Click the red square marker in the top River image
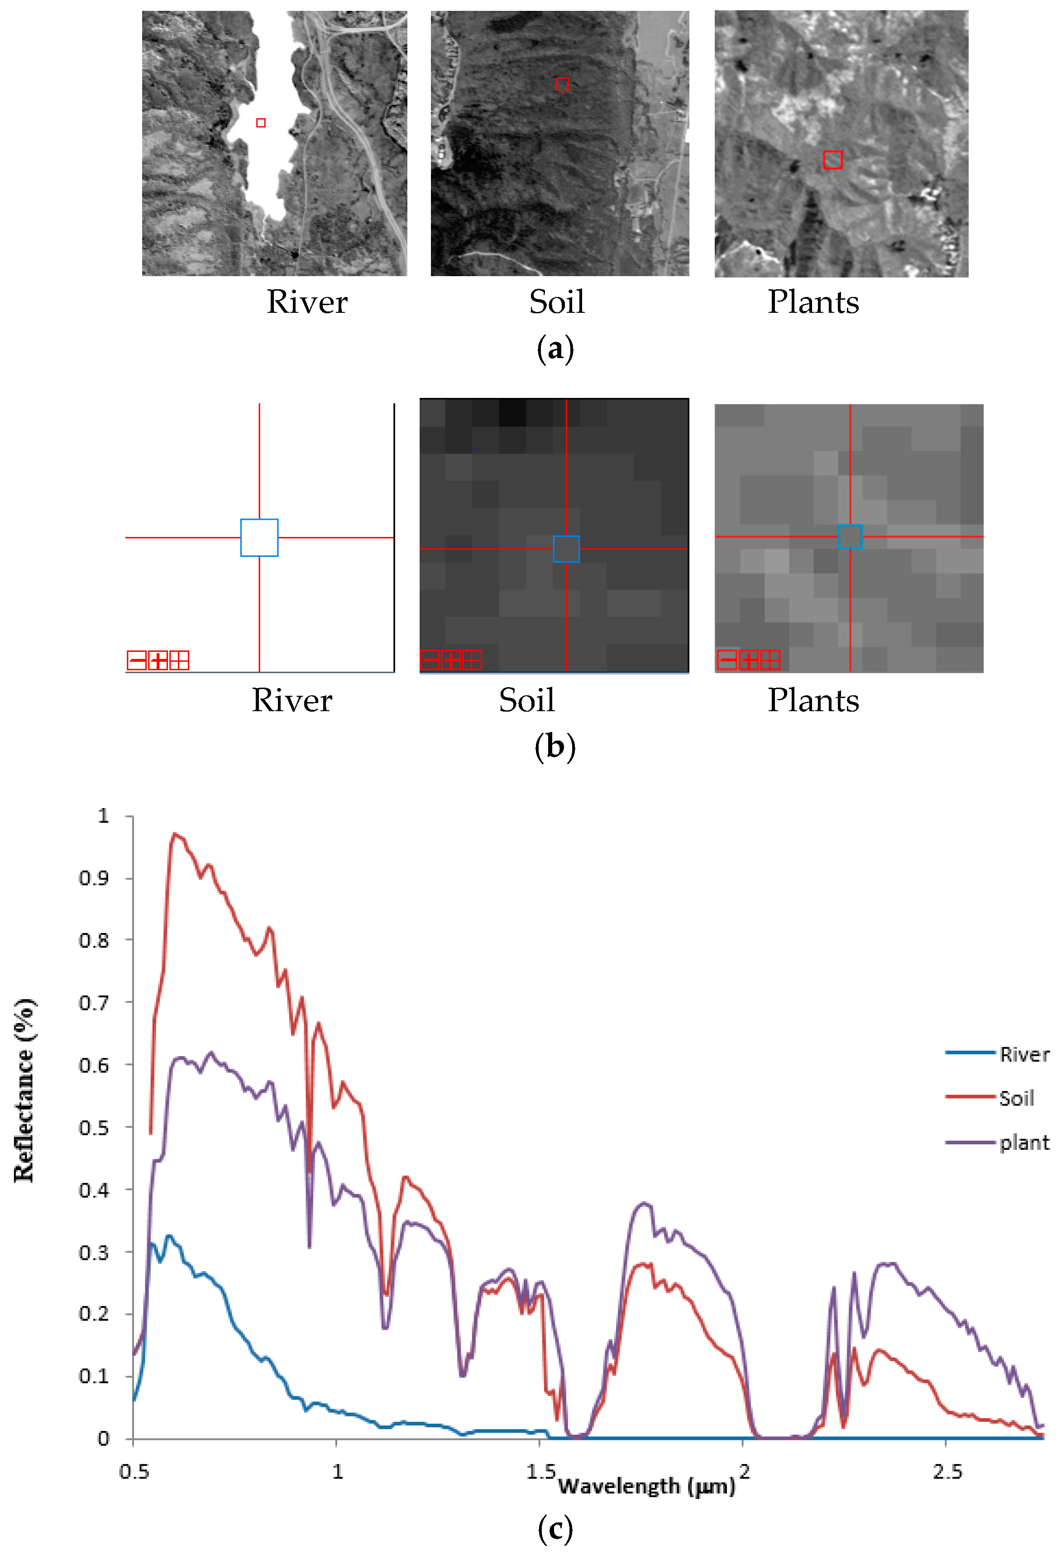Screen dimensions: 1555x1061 [261, 122]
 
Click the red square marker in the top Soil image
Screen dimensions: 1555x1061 [563, 84]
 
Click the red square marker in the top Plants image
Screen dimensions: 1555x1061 [832, 160]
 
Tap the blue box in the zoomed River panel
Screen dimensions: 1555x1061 [259, 537]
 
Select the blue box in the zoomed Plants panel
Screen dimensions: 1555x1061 [850, 536]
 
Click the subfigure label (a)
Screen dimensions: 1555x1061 [555, 349]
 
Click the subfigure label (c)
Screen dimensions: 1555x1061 [555, 1529]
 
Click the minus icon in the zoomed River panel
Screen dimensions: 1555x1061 [136, 660]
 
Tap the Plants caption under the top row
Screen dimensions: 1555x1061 [813, 302]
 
